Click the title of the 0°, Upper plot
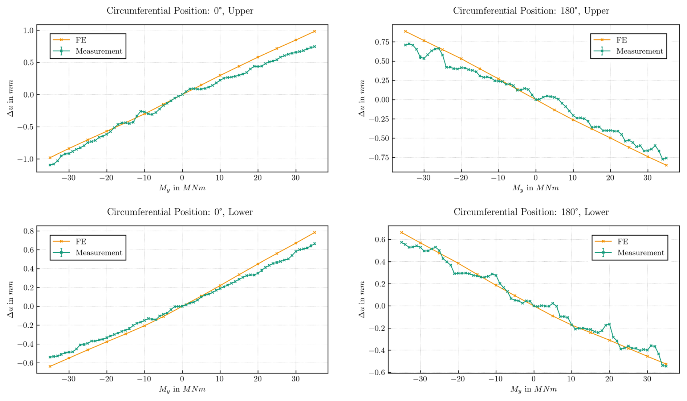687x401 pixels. [180, 11]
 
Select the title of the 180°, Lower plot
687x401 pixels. [531, 212]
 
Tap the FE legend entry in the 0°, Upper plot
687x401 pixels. [81, 40]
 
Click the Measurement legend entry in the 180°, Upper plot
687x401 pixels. [639, 51]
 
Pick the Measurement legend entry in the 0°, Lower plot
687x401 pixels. [99, 253]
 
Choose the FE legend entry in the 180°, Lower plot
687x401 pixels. [623, 242]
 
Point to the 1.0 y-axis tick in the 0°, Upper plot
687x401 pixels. [28, 30]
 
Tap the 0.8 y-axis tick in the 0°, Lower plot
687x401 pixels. [28, 231]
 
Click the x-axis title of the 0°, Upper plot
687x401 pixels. [182, 188]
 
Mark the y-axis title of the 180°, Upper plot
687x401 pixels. [362, 98]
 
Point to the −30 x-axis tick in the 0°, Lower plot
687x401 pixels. [69, 379]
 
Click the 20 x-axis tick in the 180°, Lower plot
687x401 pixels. [609, 379]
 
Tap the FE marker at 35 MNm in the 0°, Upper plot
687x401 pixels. [314, 32]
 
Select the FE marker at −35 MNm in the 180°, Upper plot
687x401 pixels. [406, 32]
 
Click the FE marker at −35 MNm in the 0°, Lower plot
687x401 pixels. [50, 367]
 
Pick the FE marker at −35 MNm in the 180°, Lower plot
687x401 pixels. [402, 233]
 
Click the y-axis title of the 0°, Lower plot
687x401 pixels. [10, 299]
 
